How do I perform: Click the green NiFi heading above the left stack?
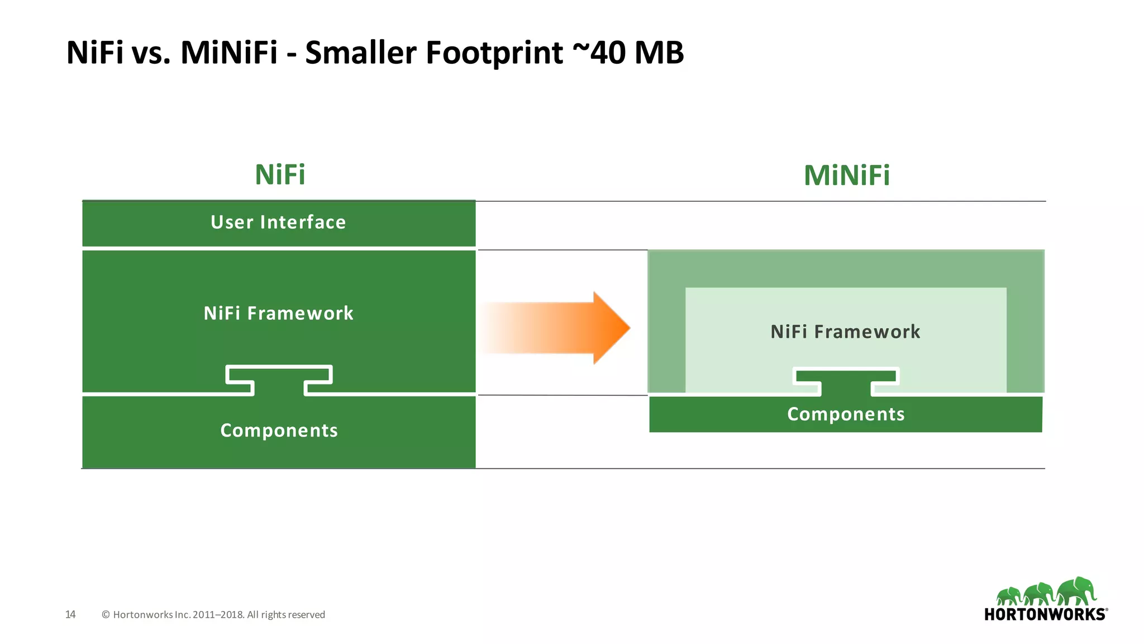[x=280, y=175]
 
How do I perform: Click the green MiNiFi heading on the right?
[x=846, y=176]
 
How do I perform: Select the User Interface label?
[x=278, y=222]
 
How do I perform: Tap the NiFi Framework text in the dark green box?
[x=278, y=313]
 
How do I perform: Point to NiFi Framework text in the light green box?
[x=845, y=332]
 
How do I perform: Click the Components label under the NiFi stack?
[x=279, y=430]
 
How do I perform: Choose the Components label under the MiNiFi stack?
[x=846, y=414]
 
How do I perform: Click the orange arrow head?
[x=611, y=328]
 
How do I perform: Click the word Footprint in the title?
[x=494, y=53]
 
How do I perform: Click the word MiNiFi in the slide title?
[x=229, y=53]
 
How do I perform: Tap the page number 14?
[x=70, y=614]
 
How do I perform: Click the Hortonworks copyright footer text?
[x=213, y=614]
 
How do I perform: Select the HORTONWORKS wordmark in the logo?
[x=1045, y=614]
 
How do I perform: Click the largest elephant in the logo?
[x=1076, y=591]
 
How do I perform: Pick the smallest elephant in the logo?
[x=1009, y=596]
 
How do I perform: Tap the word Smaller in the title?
[x=361, y=53]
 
